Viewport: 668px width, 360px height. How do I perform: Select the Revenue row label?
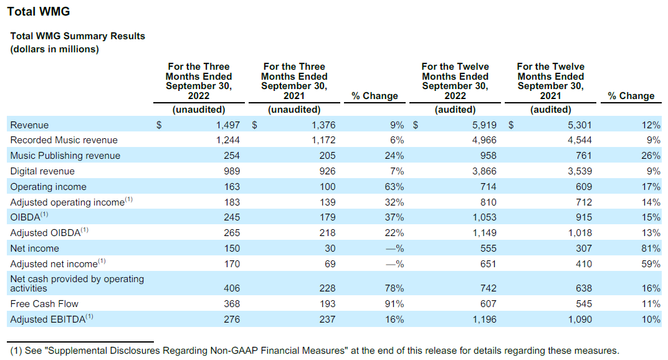[x=29, y=125]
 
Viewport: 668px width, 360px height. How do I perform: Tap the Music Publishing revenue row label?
[x=65, y=156]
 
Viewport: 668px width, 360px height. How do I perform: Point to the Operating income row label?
[x=48, y=187]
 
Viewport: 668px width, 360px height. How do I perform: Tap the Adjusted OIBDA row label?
[x=49, y=233]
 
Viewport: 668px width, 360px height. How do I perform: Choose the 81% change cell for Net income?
[x=651, y=249]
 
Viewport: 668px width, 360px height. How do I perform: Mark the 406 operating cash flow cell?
[x=230, y=288]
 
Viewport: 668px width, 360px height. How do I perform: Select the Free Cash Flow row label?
[x=44, y=304]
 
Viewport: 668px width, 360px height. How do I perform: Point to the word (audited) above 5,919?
[x=455, y=110]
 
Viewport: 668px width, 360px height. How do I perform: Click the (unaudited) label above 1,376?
[x=294, y=110]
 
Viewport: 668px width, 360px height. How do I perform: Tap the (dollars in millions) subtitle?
[x=54, y=49]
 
